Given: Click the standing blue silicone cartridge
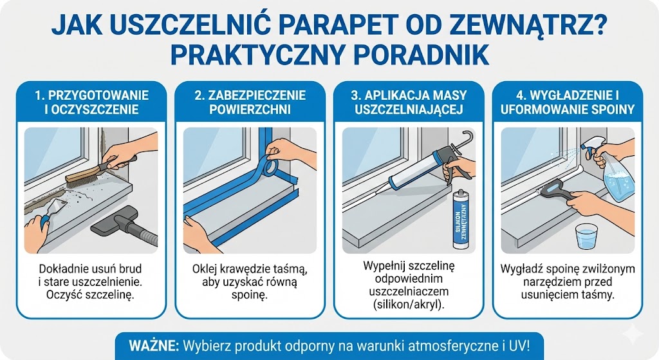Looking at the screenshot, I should click(x=461, y=218).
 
